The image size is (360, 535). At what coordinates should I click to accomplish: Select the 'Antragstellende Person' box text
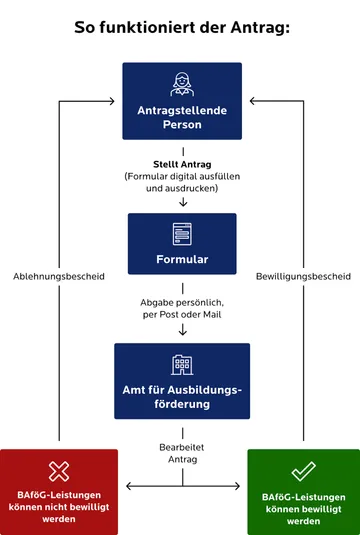click(182, 117)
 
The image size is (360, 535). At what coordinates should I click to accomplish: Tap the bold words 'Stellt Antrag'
click(182, 163)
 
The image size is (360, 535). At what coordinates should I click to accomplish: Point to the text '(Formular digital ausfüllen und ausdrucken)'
click(182, 181)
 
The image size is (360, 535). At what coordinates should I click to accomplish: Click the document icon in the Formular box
click(182, 232)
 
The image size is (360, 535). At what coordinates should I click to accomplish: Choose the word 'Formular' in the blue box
click(182, 260)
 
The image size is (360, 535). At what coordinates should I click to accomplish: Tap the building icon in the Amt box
click(182, 365)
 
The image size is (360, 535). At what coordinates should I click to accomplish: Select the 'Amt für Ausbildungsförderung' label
click(182, 397)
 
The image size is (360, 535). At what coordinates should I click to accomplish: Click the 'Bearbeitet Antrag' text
click(182, 453)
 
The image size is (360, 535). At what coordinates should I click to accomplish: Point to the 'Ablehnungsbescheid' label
click(59, 276)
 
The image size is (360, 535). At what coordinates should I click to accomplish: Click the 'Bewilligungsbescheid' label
click(303, 276)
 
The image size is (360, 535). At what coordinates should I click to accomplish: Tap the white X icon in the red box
click(59, 471)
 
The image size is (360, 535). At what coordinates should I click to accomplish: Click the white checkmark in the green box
click(303, 471)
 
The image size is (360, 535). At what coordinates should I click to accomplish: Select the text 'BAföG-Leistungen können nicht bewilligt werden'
click(59, 507)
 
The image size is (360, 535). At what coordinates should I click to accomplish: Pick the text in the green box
click(303, 507)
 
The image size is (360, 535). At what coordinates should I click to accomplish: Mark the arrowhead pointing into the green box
click(241, 487)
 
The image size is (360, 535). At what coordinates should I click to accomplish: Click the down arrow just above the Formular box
click(182, 202)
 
